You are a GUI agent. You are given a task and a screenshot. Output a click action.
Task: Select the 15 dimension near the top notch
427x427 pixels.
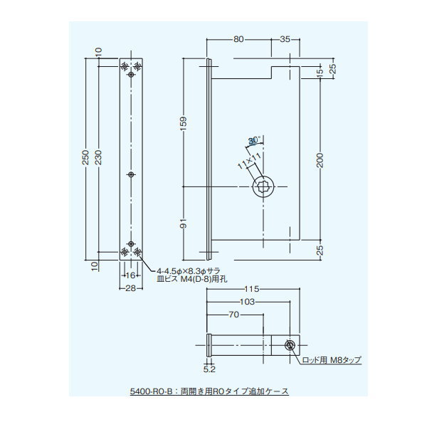[320, 71]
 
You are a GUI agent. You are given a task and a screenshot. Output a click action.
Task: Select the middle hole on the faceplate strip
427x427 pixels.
[131, 173]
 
